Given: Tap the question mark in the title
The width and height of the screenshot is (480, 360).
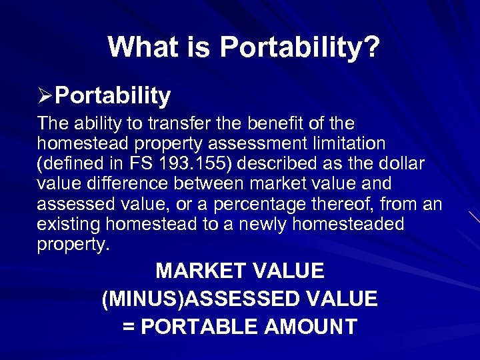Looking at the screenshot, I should tap(371, 47).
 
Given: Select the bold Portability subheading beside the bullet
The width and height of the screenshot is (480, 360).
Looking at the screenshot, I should tap(113, 97).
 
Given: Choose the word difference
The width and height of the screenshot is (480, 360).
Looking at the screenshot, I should tap(116, 184).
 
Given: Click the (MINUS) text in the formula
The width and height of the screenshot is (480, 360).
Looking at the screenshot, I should tap(142, 299).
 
